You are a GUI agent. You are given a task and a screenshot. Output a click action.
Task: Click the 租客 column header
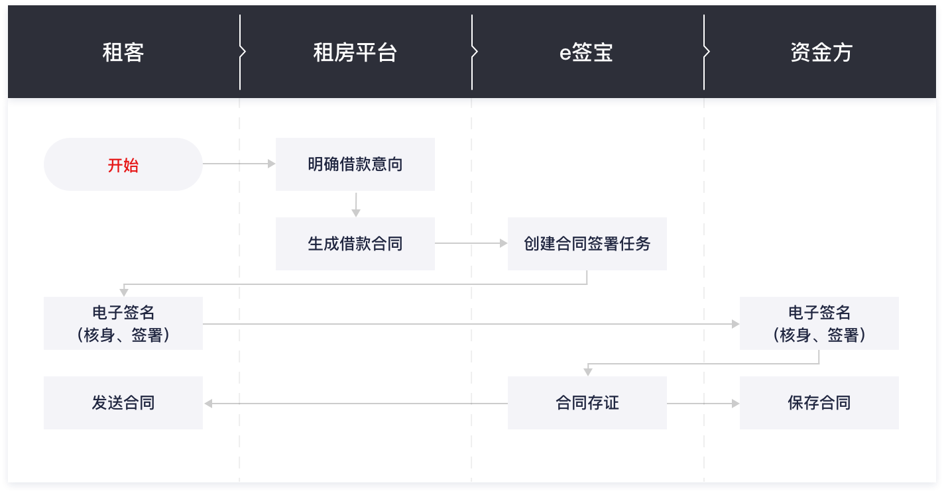click(123, 52)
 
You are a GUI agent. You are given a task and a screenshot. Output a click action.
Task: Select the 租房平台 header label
click(355, 52)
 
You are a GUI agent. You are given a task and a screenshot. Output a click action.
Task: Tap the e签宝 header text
click(586, 52)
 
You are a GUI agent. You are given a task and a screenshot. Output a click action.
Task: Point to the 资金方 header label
click(821, 52)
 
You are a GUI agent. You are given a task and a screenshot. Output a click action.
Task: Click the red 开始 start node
click(123, 164)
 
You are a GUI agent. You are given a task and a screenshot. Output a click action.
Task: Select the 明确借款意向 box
click(355, 164)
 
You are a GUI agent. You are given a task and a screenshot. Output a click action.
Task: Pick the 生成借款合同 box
click(355, 244)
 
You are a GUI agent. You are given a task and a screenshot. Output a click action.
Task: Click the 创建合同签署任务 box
click(587, 244)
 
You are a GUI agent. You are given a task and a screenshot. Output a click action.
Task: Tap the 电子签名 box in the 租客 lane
click(123, 323)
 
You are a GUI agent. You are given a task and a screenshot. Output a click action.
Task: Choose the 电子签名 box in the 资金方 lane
click(819, 323)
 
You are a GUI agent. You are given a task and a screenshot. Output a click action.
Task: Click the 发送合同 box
click(123, 403)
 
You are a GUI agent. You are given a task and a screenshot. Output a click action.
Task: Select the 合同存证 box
click(587, 403)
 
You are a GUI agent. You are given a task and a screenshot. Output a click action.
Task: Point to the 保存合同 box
click(819, 403)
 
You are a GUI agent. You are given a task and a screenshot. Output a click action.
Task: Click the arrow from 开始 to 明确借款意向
click(239, 164)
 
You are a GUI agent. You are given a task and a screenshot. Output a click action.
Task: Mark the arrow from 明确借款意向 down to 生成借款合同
click(356, 205)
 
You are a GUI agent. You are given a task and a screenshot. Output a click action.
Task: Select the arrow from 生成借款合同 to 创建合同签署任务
click(471, 243)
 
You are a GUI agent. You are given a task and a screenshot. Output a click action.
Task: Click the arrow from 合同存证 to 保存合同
click(703, 404)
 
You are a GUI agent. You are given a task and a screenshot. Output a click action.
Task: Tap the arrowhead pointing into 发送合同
click(208, 404)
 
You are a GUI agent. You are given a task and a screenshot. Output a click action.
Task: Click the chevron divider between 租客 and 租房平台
click(241, 52)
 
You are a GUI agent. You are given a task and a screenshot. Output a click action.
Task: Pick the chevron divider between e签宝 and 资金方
click(705, 52)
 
